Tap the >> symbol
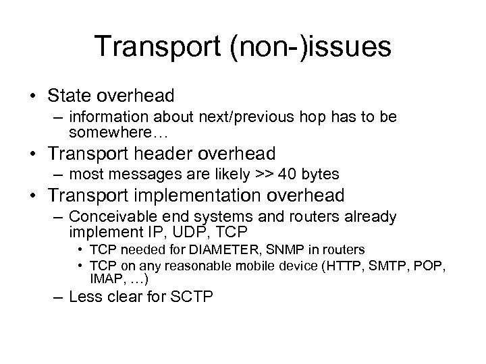263,175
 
